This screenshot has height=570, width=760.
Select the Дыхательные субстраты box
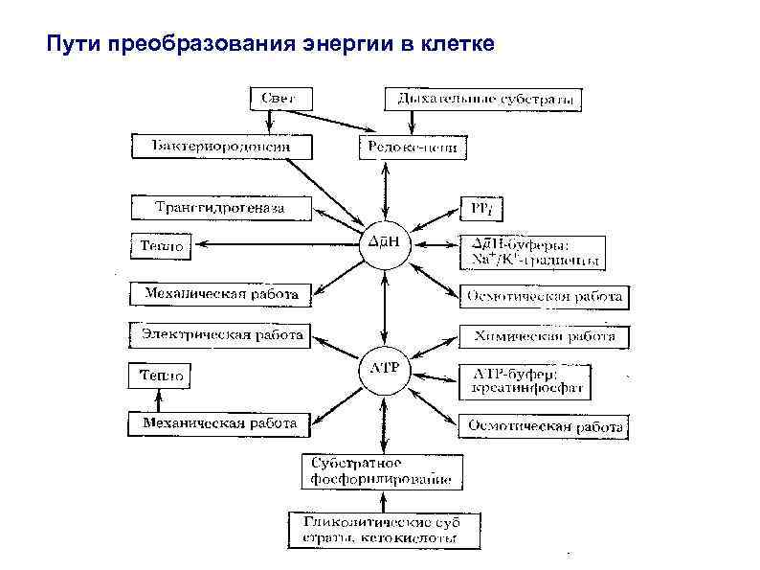483,99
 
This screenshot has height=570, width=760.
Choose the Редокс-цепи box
413,148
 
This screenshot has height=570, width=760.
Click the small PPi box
478,207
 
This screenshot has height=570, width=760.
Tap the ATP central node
384,367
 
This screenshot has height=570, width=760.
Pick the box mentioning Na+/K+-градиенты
533,253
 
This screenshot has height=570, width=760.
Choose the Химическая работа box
545,336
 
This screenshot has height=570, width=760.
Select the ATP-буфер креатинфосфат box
525,380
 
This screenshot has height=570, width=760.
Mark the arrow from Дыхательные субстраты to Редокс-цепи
412,123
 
